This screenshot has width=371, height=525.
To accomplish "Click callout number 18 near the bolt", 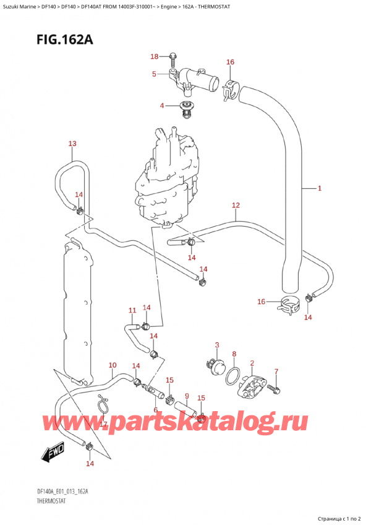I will click(x=155, y=57).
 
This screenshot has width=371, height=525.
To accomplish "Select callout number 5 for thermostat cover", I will click(x=155, y=74).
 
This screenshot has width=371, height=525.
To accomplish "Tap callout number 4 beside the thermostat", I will click(x=161, y=105).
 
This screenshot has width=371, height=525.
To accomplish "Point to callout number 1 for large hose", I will click(x=320, y=188).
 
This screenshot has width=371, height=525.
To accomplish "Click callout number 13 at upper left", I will click(x=72, y=144).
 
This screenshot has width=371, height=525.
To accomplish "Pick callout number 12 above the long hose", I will click(x=236, y=205).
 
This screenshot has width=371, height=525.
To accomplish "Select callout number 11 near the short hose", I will click(x=132, y=310).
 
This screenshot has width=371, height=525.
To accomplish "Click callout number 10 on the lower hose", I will click(x=112, y=365).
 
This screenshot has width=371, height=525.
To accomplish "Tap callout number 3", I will click(x=217, y=345).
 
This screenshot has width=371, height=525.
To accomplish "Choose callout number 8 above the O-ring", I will click(x=234, y=354).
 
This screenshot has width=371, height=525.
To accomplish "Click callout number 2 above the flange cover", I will click(x=252, y=363).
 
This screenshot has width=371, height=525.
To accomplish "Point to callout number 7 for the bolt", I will click(x=276, y=371).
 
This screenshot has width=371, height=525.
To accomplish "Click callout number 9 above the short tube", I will click(x=186, y=396).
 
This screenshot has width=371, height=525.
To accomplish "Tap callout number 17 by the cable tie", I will click(x=103, y=423).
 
